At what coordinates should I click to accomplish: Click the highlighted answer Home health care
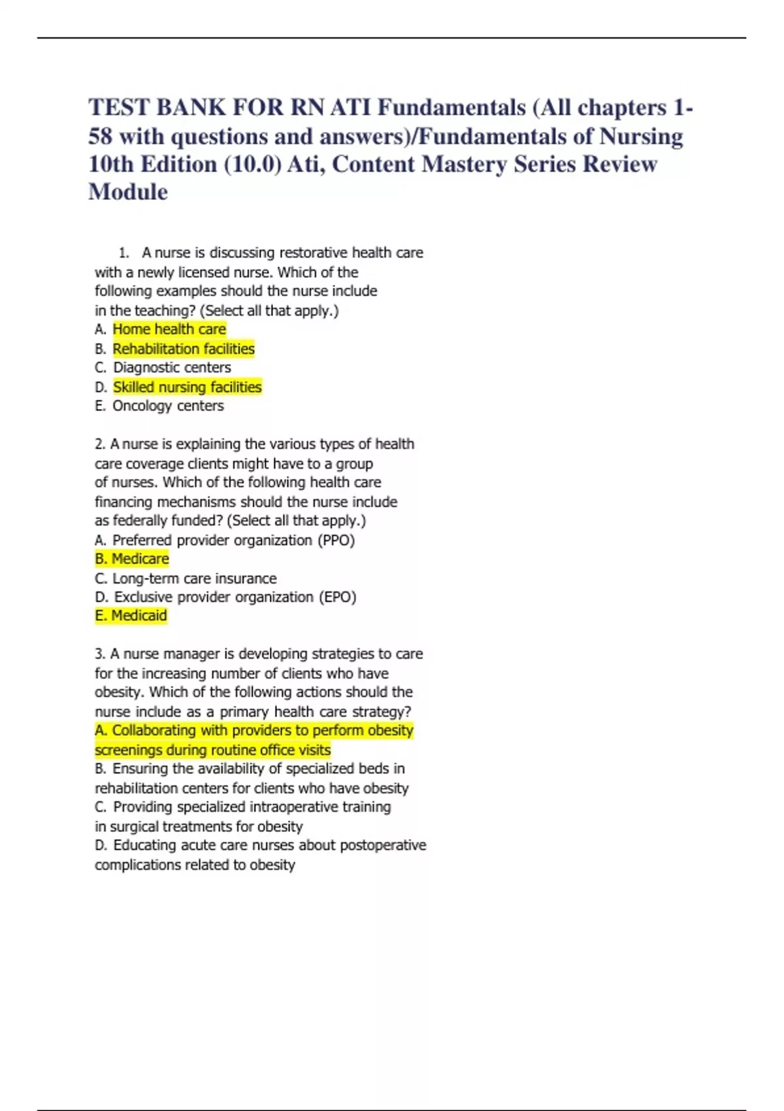169,329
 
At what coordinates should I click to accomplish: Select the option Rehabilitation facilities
184,349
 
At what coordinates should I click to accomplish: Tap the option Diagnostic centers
172,368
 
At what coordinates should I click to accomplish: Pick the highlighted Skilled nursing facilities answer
187,388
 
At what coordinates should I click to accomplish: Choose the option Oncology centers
168,406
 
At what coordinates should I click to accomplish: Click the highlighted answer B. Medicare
132,559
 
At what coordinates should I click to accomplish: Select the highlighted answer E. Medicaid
131,616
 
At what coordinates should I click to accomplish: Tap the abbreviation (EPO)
337,597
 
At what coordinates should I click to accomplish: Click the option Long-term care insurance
194,578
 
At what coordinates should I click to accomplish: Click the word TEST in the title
118,108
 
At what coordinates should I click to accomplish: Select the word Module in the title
128,192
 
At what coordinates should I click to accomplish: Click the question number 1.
123,253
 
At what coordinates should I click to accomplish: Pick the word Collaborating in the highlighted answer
154,731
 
